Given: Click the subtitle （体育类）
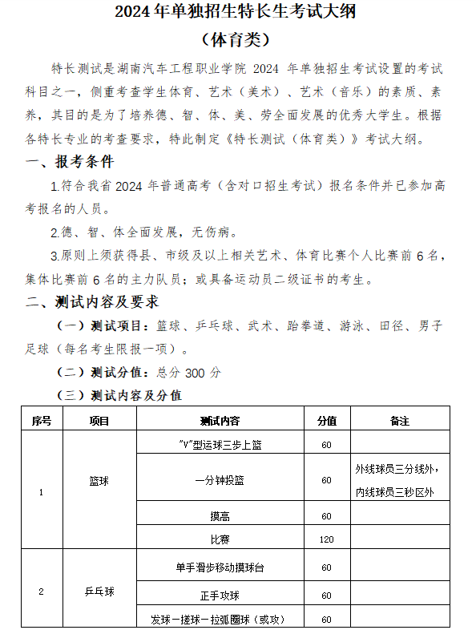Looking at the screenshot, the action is [x=238, y=38].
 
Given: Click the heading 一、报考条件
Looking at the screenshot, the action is [x=70, y=163].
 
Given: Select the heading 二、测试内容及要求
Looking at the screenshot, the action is [x=92, y=302].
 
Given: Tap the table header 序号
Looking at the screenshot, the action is [x=42, y=420].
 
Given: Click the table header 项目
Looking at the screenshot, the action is [x=99, y=420].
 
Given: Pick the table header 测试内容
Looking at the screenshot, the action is [x=220, y=420].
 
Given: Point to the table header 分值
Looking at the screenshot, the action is [x=326, y=420].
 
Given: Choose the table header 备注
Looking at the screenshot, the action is [x=399, y=420].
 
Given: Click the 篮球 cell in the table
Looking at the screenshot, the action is [x=99, y=480].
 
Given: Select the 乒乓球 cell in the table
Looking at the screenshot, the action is [x=99, y=592].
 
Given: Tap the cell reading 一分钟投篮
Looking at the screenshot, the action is [x=220, y=480].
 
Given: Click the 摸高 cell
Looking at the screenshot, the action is [x=220, y=515].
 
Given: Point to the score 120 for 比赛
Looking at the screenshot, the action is [x=326, y=539].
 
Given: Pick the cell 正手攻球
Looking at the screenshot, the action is [x=220, y=596].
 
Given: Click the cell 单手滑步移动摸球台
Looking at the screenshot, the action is [x=220, y=567].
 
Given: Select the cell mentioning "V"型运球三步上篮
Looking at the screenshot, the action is [x=220, y=445].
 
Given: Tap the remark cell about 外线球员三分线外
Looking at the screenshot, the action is [x=399, y=480].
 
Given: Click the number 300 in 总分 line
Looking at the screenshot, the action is [x=196, y=372].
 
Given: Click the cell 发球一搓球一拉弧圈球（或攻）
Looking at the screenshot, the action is [x=220, y=620].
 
